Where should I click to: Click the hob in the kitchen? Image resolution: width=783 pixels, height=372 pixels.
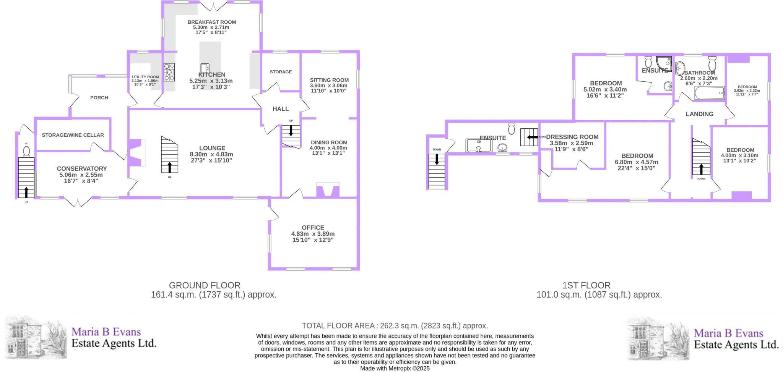[169, 72]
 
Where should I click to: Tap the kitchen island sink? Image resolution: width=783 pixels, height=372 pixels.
[205, 68]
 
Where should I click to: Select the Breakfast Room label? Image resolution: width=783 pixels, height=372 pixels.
[211, 22]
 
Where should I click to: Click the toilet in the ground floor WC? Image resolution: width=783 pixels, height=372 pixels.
[26, 152]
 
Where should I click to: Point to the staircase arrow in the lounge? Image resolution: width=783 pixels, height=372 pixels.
[169, 167]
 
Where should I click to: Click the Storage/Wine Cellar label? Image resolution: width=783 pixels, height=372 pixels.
[73, 135]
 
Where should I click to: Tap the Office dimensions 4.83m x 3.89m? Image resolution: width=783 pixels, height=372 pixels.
[313, 234]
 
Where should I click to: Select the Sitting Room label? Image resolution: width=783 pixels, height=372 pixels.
[329, 80]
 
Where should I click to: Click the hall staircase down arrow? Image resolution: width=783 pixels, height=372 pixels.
[291, 131]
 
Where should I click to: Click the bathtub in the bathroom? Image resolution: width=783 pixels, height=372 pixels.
[709, 93]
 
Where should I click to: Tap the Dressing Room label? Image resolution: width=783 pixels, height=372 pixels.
[572, 137]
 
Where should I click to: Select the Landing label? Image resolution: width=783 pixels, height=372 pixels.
[699, 114]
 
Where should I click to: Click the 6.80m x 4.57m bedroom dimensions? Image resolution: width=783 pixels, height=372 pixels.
[637, 162]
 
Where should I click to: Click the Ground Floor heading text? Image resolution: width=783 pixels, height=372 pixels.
[205, 285]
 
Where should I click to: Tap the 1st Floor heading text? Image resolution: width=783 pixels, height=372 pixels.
[586, 285]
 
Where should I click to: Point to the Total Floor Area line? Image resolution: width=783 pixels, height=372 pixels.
[395, 326]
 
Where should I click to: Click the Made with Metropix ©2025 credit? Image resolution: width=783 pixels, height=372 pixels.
[395, 369]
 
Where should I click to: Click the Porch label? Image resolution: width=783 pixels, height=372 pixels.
[99, 98]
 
